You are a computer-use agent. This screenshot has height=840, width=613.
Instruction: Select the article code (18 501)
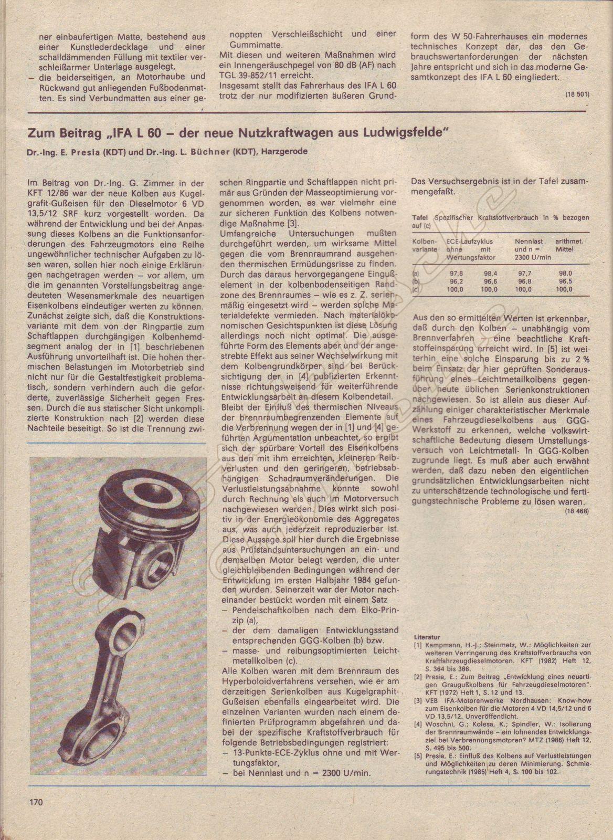[x=577, y=94]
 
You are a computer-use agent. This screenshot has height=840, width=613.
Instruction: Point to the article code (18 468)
[x=577, y=510]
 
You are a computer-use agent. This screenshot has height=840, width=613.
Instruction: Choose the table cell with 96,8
[x=525, y=281]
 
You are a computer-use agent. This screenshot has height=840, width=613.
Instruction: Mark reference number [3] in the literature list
[x=418, y=701]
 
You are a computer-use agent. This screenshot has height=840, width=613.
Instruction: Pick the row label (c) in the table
[x=416, y=289]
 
